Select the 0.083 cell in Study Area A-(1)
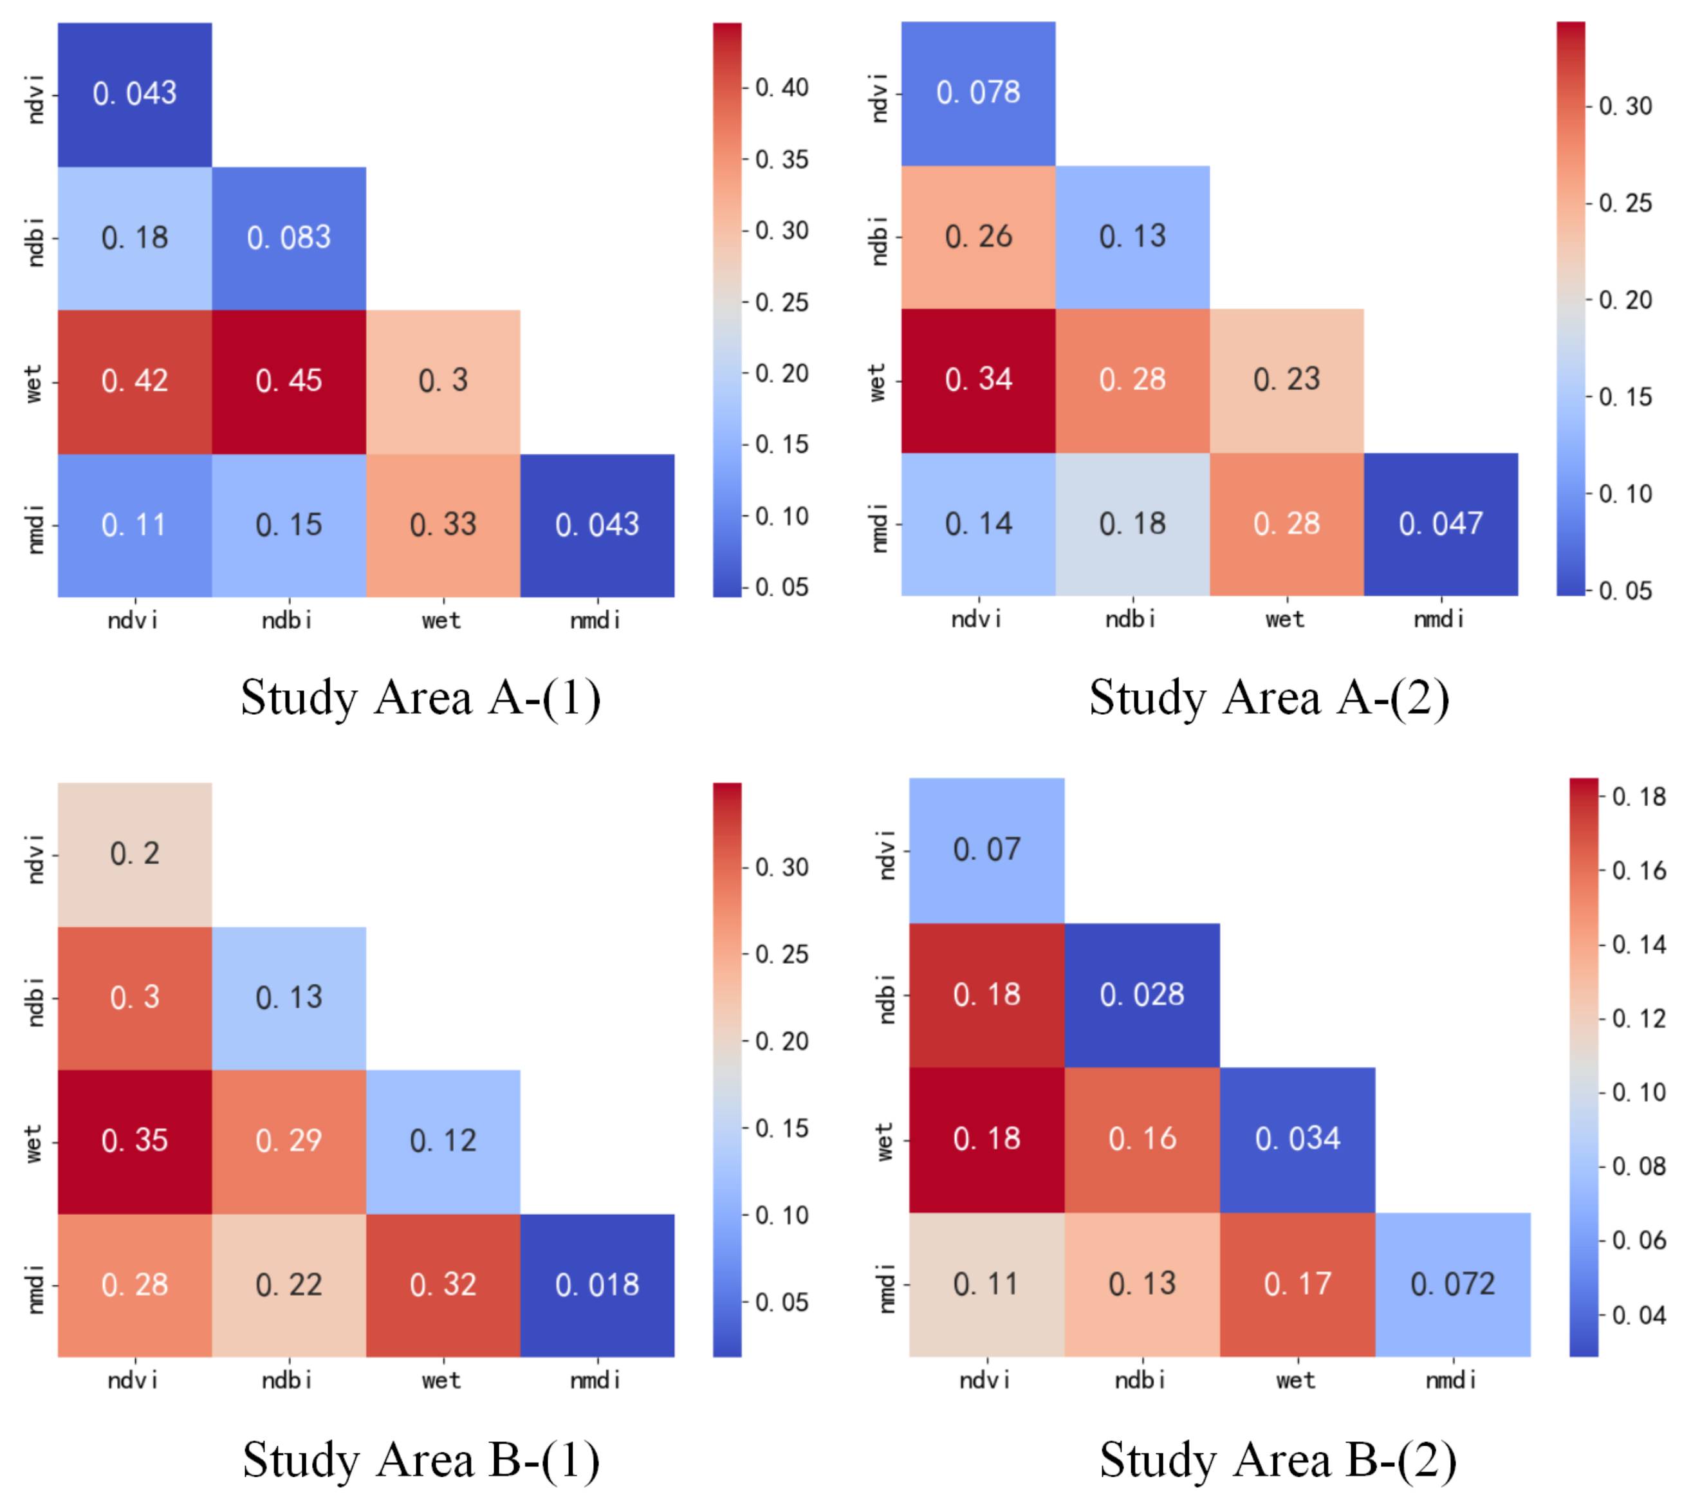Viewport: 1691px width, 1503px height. point(289,238)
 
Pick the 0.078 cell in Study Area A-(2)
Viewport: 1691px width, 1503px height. point(978,93)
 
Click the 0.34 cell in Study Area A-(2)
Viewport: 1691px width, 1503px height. point(978,380)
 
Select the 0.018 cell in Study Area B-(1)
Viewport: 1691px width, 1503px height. point(596,1285)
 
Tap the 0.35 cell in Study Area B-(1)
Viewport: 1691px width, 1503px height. point(135,1141)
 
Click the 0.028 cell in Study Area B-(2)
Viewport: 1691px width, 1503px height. point(1141,994)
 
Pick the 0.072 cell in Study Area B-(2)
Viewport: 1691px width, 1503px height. point(1453,1284)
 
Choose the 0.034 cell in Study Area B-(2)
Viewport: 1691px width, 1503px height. point(1297,1139)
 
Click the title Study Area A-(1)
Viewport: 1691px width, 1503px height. point(420,697)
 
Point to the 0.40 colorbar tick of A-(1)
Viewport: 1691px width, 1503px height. point(781,88)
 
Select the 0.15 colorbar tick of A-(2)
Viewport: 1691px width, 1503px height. point(1625,397)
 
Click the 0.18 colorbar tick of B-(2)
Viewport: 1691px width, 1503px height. point(1638,797)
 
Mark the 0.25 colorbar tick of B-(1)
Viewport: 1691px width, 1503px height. point(781,955)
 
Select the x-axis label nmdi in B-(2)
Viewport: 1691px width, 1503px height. point(1450,1381)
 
